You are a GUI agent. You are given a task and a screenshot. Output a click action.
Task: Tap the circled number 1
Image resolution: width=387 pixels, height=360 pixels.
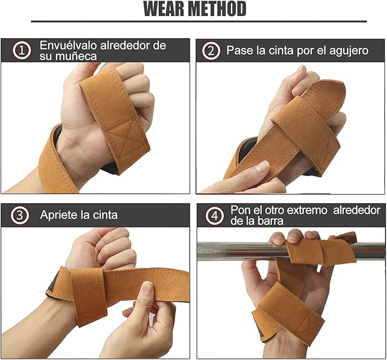tap(22, 50)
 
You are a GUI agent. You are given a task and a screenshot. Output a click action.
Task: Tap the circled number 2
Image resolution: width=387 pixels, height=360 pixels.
tap(211, 50)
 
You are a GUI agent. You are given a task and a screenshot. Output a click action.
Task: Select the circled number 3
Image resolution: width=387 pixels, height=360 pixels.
tap(21, 215)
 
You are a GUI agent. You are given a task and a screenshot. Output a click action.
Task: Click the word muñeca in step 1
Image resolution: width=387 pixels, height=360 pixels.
tap(68, 56)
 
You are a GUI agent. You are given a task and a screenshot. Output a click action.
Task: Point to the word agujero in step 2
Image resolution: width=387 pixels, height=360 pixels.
tap(348, 50)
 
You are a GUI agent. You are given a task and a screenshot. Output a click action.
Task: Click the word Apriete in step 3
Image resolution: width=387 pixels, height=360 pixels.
tap(59, 215)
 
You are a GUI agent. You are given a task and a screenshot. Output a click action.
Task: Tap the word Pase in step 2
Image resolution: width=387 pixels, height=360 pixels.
tap(239, 50)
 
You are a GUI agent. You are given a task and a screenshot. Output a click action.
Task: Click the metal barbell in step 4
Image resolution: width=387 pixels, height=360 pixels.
tap(234, 250)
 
